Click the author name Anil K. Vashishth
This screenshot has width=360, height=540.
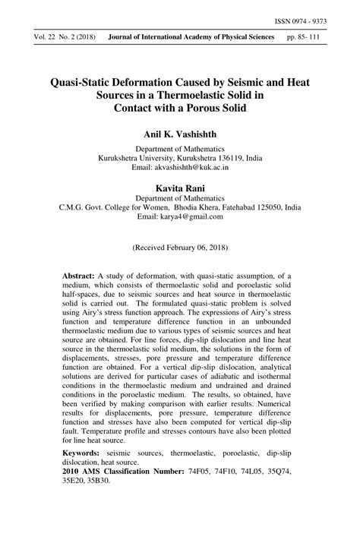(180, 133)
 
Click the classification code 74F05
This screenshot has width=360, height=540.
(211, 472)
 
